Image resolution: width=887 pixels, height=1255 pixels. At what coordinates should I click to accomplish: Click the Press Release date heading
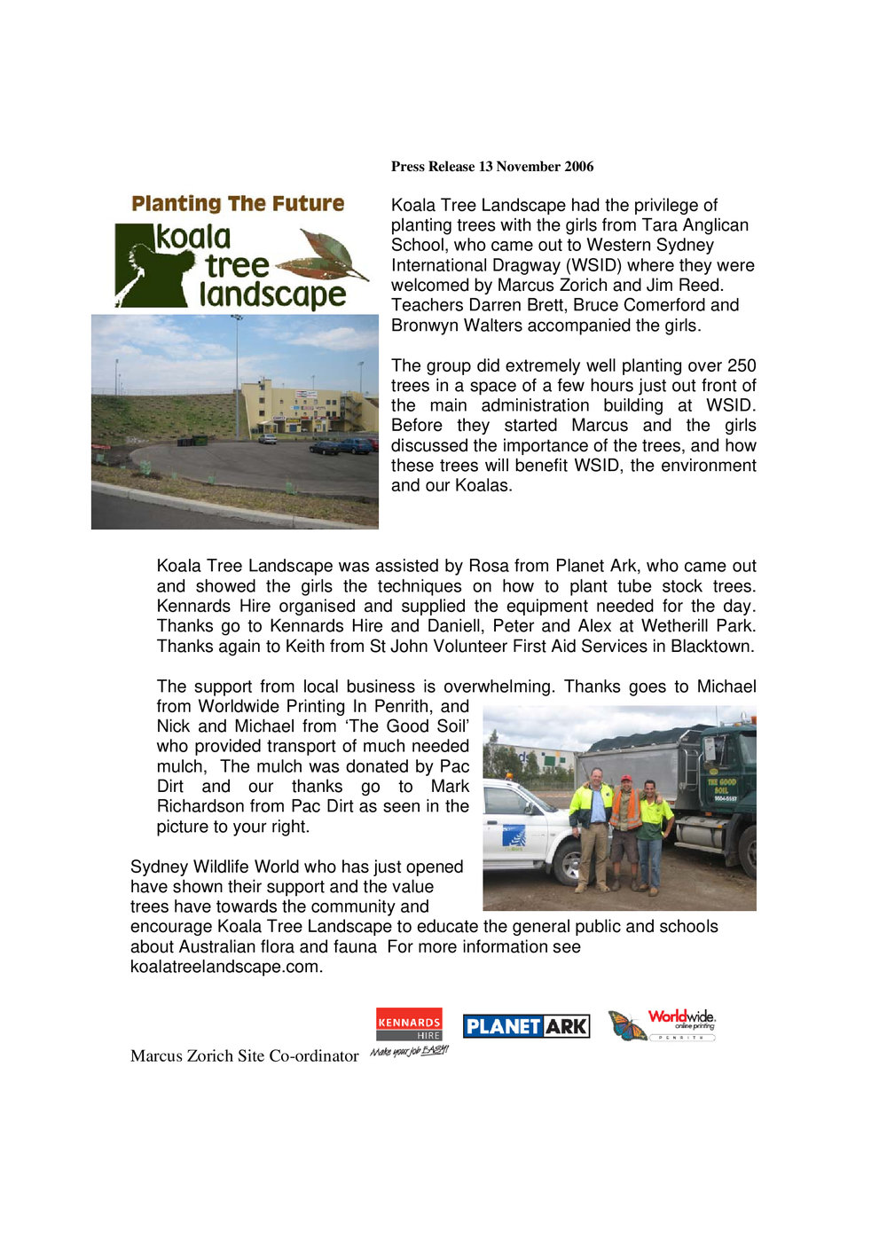pyautogui.click(x=492, y=167)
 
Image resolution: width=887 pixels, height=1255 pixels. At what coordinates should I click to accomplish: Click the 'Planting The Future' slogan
pyautogui.click(x=238, y=204)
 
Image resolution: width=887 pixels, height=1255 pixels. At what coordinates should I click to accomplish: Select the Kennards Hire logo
pyautogui.click(x=409, y=1024)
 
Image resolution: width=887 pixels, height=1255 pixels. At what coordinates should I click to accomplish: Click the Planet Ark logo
pyautogui.click(x=526, y=1026)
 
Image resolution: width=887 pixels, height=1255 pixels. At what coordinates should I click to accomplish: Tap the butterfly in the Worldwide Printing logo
pyautogui.click(x=627, y=1026)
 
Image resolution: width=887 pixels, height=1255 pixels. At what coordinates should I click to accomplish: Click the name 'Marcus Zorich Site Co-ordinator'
pyautogui.click(x=244, y=1055)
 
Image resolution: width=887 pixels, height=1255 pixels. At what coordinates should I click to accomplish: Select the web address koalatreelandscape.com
pyautogui.click(x=225, y=967)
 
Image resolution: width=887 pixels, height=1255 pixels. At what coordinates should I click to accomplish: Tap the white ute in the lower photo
pyautogui.click(x=523, y=829)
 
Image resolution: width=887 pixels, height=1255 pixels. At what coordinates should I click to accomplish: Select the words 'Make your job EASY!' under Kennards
pyautogui.click(x=409, y=1051)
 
